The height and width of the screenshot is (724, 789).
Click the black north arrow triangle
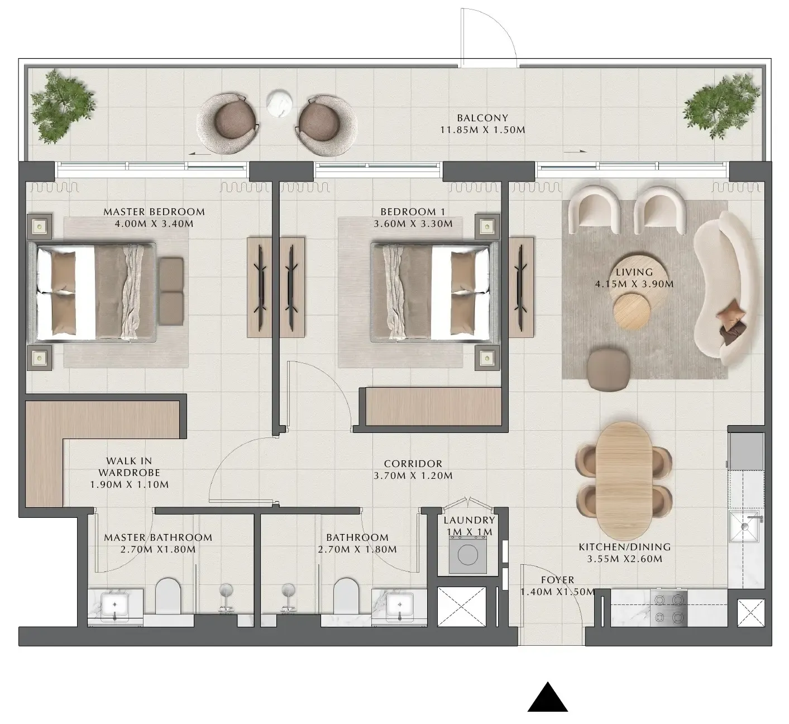click(x=548, y=698)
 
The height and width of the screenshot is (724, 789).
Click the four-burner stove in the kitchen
click(x=668, y=608)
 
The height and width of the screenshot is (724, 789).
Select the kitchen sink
click(x=746, y=526)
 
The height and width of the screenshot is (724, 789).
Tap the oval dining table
click(x=624, y=480)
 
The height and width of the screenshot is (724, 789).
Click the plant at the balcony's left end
click(x=63, y=106)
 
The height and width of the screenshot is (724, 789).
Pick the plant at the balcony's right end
click(x=722, y=106)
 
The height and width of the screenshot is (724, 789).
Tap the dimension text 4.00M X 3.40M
click(x=154, y=223)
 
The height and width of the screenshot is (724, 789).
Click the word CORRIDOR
click(x=413, y=464)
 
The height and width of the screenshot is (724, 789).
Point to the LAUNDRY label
click(x=469, y=520)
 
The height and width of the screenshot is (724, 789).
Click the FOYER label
click(x=557, y=580)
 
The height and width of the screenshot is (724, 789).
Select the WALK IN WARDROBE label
click(x=129, y=466)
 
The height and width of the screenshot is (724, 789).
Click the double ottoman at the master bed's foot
click(x=171, y=292)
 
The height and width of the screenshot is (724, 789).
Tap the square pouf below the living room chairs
click(x=609, y=370)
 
